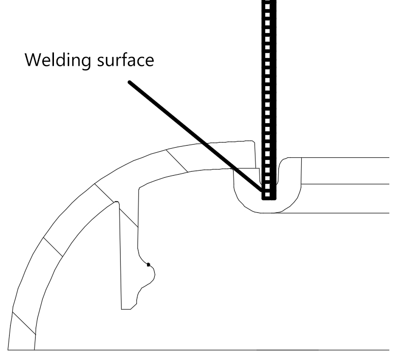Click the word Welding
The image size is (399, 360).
pyautogui.click(x=58, y=61)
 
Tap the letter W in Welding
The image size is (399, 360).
pyautogui.click(x=32, y=60)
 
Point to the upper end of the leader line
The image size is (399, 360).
pyautogui.click(x=129, y=82)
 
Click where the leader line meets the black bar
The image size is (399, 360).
pyautogui.click(x=262, y=190)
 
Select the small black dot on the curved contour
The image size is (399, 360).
pyautogui.click(x=149, y=265)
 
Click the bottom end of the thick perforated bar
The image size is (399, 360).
pyautogui.click(x=269, y=200)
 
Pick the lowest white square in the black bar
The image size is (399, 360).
pyautogui.click(x=268, y=195)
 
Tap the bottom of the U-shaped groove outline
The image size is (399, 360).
pyautogui.click(x=267, y=212)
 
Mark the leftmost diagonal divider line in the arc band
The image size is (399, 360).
pyautogui.click(x=24, y=323)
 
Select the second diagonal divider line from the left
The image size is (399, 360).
pyautogui.click(x=53, y=247)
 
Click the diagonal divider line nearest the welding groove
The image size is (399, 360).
pyautogui.click(x=177, y=161)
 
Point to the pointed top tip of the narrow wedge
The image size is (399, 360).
pyautogui.click(x=117, y=202)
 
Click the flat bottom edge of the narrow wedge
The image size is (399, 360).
pyautogui.click(x=126, y=310)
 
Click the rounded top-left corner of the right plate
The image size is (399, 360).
pyautogui.click(x=282, y=160)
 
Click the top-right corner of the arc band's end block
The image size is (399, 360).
pyautogui.click(x=253, y=141)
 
